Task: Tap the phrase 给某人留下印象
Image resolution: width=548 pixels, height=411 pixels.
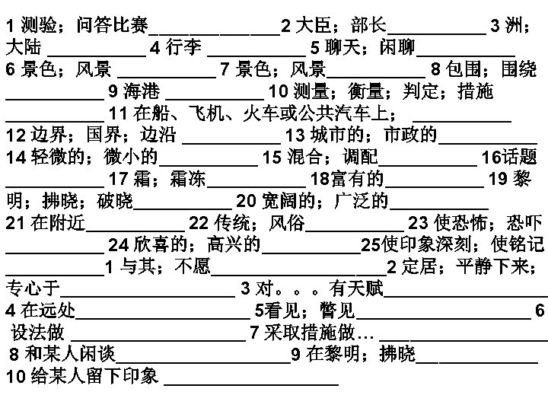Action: [x=92, y=376]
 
